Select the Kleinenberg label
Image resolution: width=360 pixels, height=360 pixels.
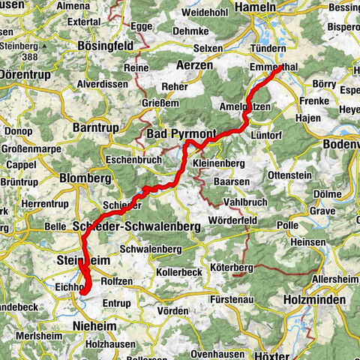click(x=218, y=161)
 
